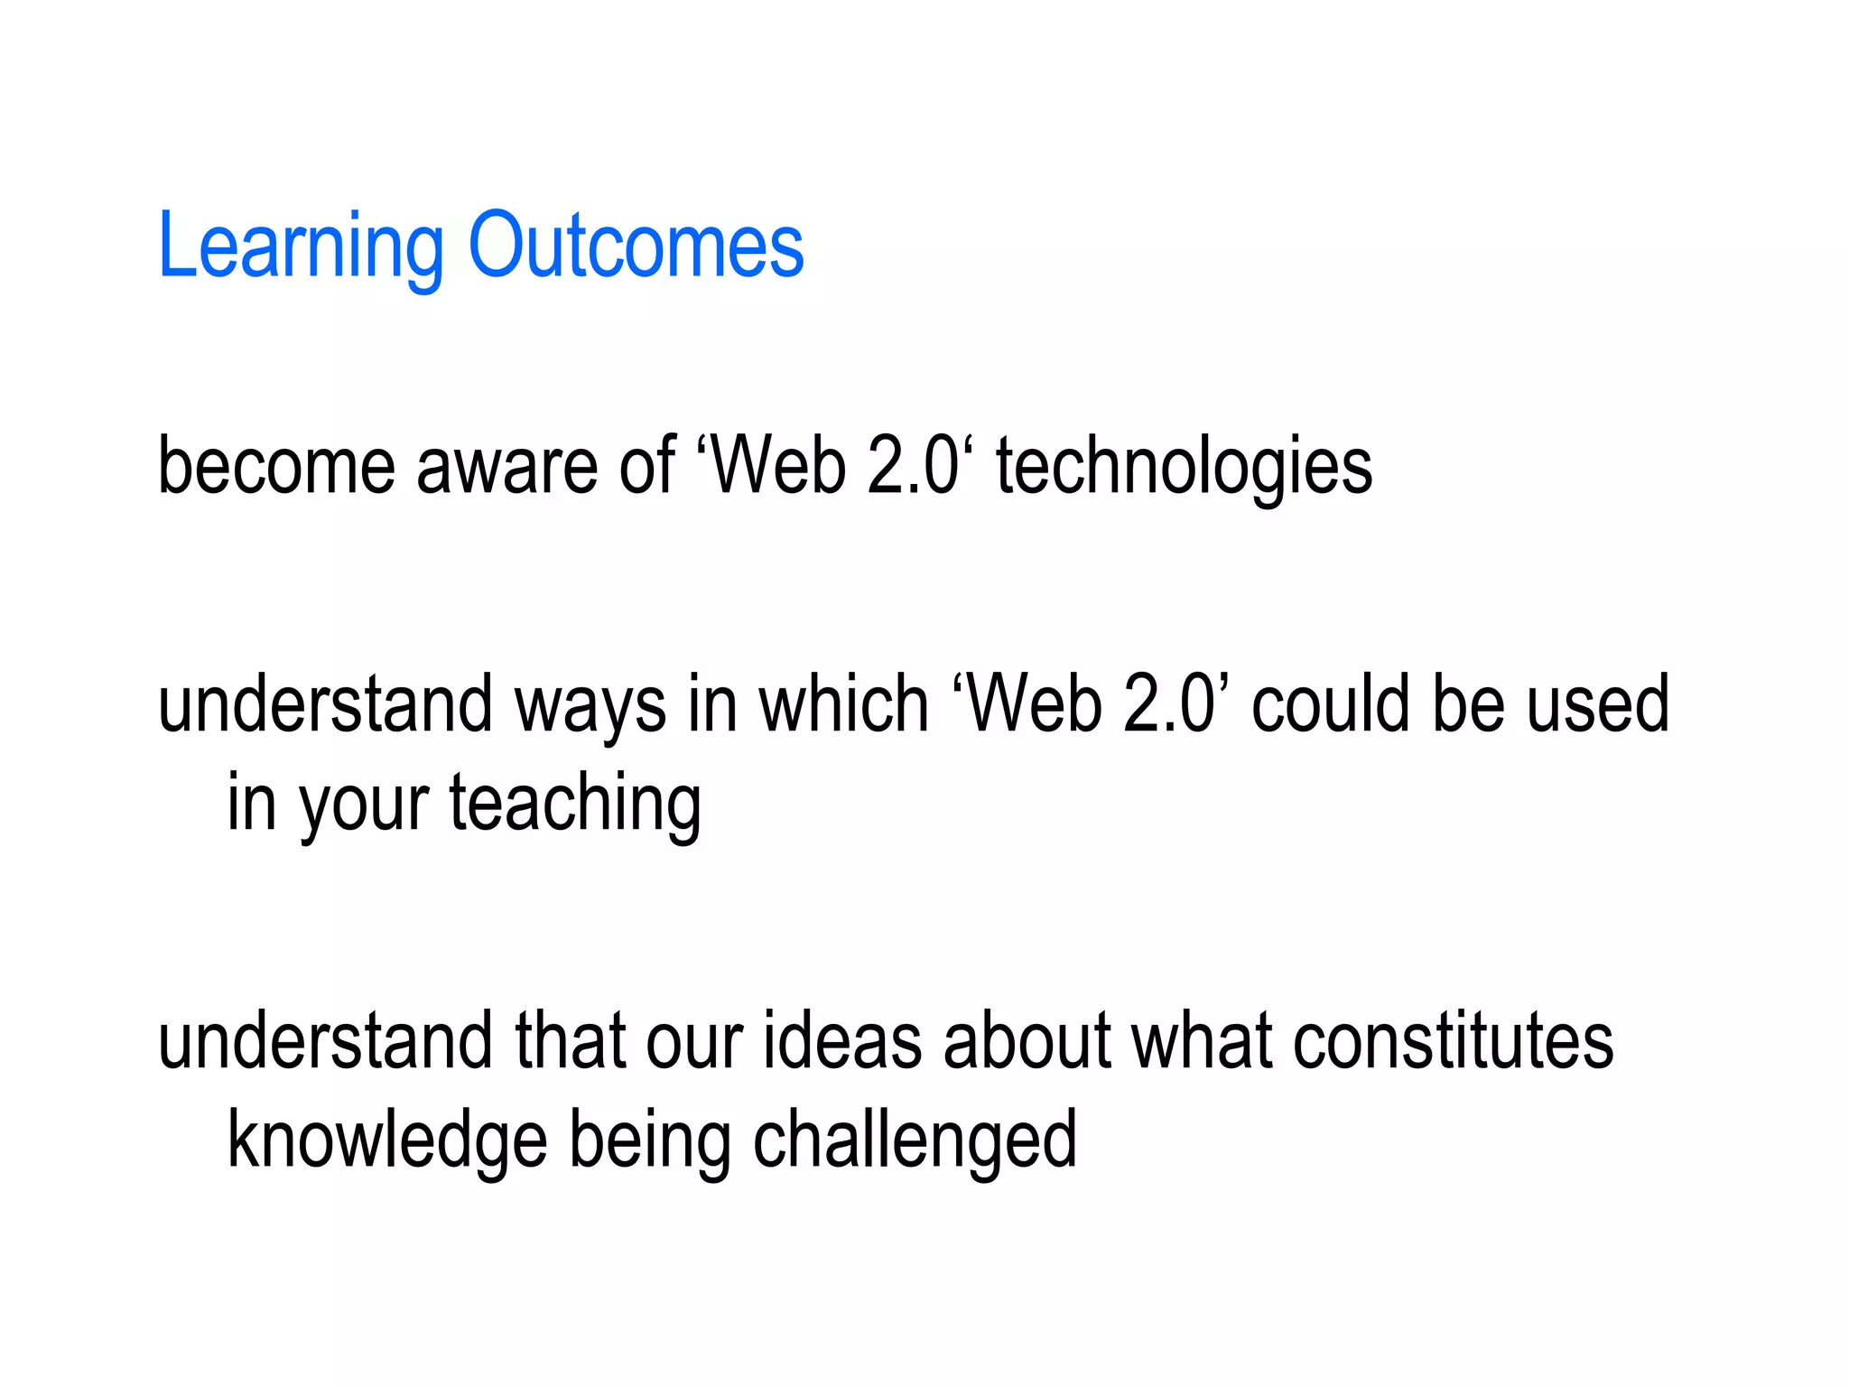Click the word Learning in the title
pyautogui.click(x=301, y=246)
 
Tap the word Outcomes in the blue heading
pyautogui.click(x=636, y=246)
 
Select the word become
pyautogui.click(x=276, y=466)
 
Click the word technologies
pyautogui.click(x=1184, y=466)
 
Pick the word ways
pyautogui.click(x=590, y=705)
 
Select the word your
pyautogui.click(x=364, y=804)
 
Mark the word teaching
pyautogui.click(x=575, y=804)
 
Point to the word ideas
pyautogui.click(x=842, y=1042)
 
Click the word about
pyautogui.click(x=1027, y=1042)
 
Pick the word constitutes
pyautogui.click(x=1453, y=1042)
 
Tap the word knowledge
pyautogui.click(x=387, y=1140)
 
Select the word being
pyautogui.click(x=650, y=1140)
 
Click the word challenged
pyautogui.click(x=915, y=1140)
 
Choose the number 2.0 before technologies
pyautogui.click(x=913, y=466)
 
